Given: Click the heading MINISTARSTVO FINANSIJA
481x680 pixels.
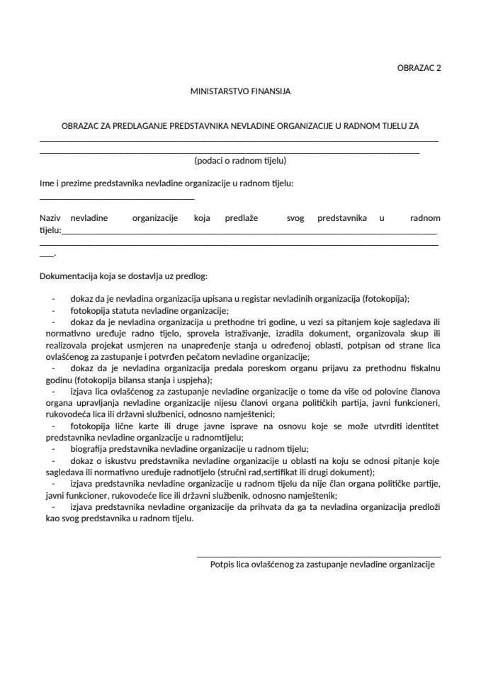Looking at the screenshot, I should tap(240, 91).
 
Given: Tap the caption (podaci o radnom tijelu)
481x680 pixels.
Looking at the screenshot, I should tap(240, 161).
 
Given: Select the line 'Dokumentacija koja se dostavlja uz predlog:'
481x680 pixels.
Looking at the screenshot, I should tap(123, 276).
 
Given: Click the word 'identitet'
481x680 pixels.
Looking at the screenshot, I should tap(421, 426).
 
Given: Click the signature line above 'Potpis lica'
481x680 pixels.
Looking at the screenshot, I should tap(319, 557).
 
